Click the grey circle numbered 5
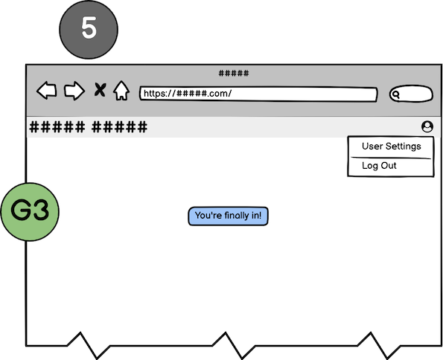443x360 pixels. coord(89,30)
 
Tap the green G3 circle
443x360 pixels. coord(30,212)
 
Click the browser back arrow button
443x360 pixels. coord(47,91)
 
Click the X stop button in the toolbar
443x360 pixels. coord(100,90)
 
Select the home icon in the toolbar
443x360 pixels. coord(121,90)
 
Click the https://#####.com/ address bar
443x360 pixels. coord(258,94)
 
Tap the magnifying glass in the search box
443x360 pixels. coord(396,94)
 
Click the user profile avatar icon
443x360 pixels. coord(427,126)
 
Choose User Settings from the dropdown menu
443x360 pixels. coord(392,147)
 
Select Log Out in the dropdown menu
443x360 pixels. coord(379,165)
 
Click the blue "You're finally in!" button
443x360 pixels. coord(229,216)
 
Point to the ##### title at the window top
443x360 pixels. coord(234,74)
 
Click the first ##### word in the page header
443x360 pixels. coord(57,126)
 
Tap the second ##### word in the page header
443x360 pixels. coord(120,126)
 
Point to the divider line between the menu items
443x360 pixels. coord(391,158)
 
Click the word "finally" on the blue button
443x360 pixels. coord(239,216)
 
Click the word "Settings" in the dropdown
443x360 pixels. coord(404,147)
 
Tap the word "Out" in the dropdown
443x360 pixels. coord(389,165)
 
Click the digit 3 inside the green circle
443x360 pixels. coord(41,210)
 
